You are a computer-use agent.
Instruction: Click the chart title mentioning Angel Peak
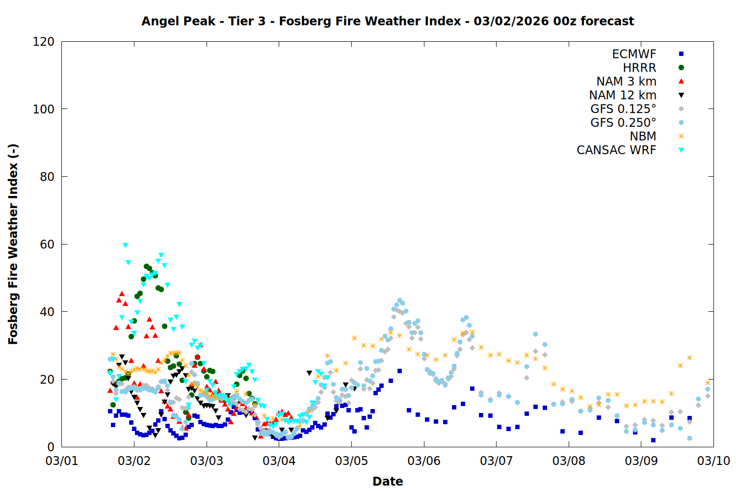388,21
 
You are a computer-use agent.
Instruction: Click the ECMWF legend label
634,54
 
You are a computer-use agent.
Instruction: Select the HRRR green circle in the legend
681,68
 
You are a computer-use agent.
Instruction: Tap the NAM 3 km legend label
626,82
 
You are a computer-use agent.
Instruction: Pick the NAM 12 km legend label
623,95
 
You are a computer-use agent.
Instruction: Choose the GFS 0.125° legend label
623,109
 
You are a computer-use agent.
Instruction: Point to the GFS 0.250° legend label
623,123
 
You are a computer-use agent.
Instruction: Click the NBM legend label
643,136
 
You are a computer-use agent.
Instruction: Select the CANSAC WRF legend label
616,150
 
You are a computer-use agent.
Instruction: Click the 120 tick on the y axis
44,42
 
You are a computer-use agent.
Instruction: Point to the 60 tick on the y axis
47,245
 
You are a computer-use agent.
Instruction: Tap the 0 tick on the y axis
51,447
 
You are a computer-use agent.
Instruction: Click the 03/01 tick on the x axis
62,461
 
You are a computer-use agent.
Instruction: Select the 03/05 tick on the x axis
351,461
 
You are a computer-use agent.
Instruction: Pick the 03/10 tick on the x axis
713,461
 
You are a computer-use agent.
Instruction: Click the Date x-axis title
388,481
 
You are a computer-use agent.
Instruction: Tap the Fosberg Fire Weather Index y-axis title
13,244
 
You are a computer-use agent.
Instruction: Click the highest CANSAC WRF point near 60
125,245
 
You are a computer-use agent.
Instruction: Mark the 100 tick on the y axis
44,109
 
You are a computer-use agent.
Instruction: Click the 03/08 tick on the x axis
569,461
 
